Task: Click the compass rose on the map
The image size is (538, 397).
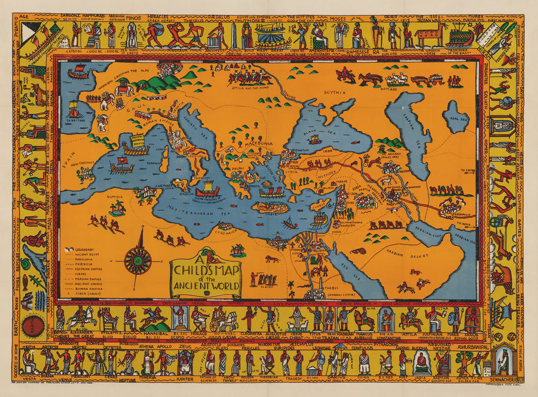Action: click(x=137, y=260)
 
